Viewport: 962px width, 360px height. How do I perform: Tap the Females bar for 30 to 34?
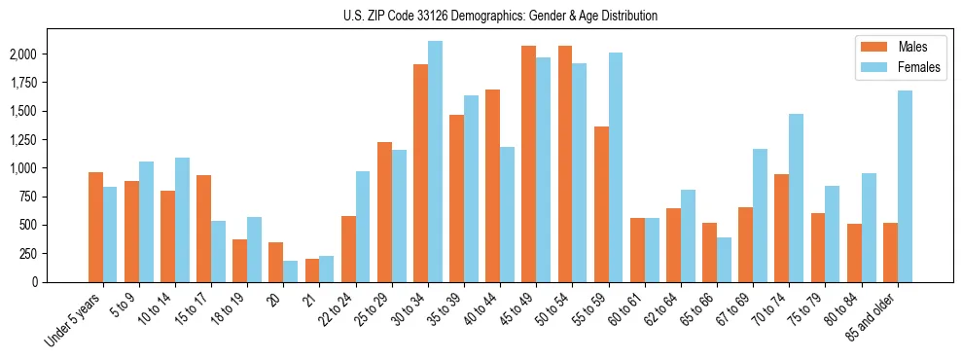435,162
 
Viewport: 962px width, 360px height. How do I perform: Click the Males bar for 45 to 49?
528,163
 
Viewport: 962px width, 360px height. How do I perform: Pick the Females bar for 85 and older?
905,186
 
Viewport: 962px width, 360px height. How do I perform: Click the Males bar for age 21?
312,270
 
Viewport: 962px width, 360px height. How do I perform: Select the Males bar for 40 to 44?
492,186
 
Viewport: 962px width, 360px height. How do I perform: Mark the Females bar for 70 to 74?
796,198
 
